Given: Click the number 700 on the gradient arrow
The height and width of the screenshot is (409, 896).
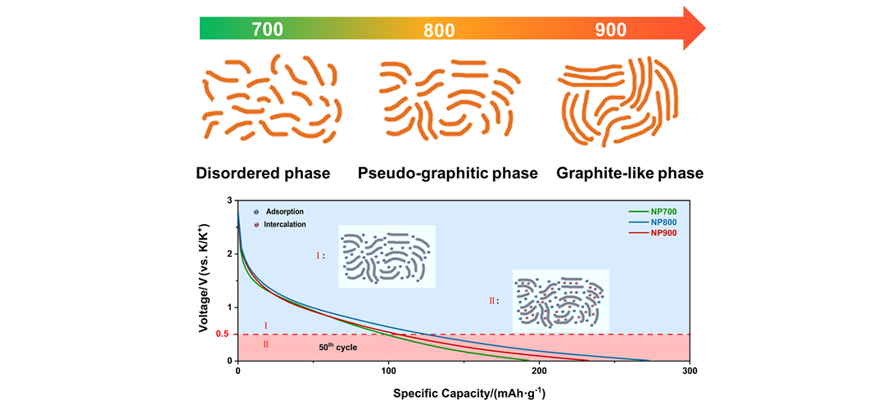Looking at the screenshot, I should (267, 30).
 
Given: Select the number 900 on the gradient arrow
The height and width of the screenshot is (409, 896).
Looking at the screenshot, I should (611, 30).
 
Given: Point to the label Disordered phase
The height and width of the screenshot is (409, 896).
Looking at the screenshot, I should (263, 173).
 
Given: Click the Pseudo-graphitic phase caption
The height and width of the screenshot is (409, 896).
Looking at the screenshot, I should (448, 173).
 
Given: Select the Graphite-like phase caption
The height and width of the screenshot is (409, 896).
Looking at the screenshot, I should (630, 173).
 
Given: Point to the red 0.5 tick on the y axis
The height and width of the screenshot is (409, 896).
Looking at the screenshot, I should (221, 334).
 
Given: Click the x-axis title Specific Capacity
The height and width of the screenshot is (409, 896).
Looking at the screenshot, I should (469, 393).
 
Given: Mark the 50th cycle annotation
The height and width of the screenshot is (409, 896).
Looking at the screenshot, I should (337, 347).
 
